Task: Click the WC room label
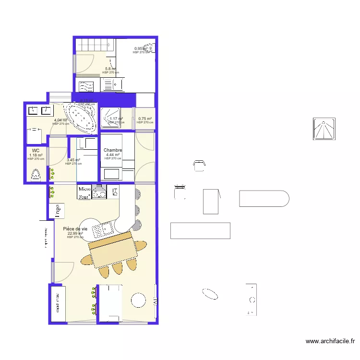[x=36, y=151]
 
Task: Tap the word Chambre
[x=113, y=150]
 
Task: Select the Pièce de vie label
[x=75, y=229]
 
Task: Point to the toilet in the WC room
[x=36, y=174]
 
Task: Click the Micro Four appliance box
[x=84, y=192]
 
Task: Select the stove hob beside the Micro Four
[x=100, y=192]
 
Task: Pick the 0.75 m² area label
[x=144, y=119]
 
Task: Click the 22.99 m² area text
[x=75, y=234]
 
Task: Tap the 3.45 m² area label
[x=73, y=160]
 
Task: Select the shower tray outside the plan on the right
[x=324, y=129]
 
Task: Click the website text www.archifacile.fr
[x=330, y=342]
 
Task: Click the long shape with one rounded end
[x=264, y=199]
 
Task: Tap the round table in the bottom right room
[x=139, y=300]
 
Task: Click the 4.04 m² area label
[x=60, y=120]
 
